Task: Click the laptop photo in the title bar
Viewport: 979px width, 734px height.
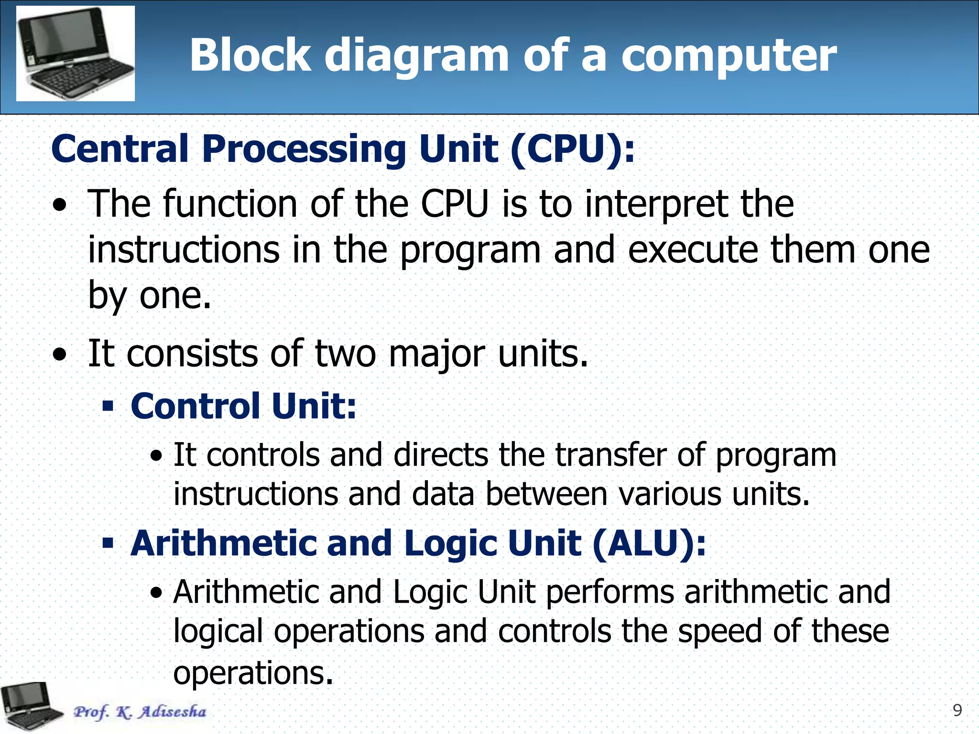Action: [76, 53]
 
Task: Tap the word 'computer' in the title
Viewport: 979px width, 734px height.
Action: [729, 56]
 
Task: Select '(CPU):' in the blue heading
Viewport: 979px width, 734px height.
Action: [572, 149]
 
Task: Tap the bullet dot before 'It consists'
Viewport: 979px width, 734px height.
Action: [60, 355]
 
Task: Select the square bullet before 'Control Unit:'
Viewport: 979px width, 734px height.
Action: [109, 407]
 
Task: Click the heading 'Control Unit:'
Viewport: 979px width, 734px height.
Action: [243, 406]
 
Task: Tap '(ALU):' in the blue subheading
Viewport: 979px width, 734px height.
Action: [649, 544]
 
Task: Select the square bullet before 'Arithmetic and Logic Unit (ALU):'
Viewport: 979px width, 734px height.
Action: [109, 543]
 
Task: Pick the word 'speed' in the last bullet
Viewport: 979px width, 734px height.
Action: [719, 631]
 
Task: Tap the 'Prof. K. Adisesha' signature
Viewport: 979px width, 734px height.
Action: [140, 712]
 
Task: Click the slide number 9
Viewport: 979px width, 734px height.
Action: [957, 711]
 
